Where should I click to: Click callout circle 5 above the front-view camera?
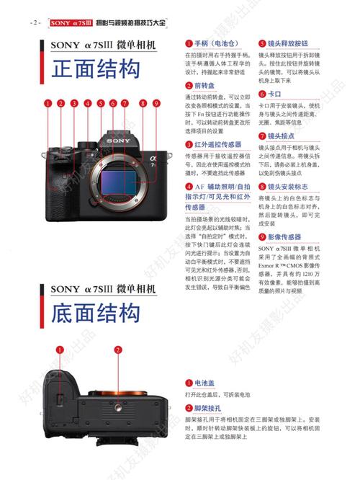pos(101,103)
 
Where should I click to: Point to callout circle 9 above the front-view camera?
pos(155,103)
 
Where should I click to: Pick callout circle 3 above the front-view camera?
pos(73,103)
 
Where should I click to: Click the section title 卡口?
pos(274,94)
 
